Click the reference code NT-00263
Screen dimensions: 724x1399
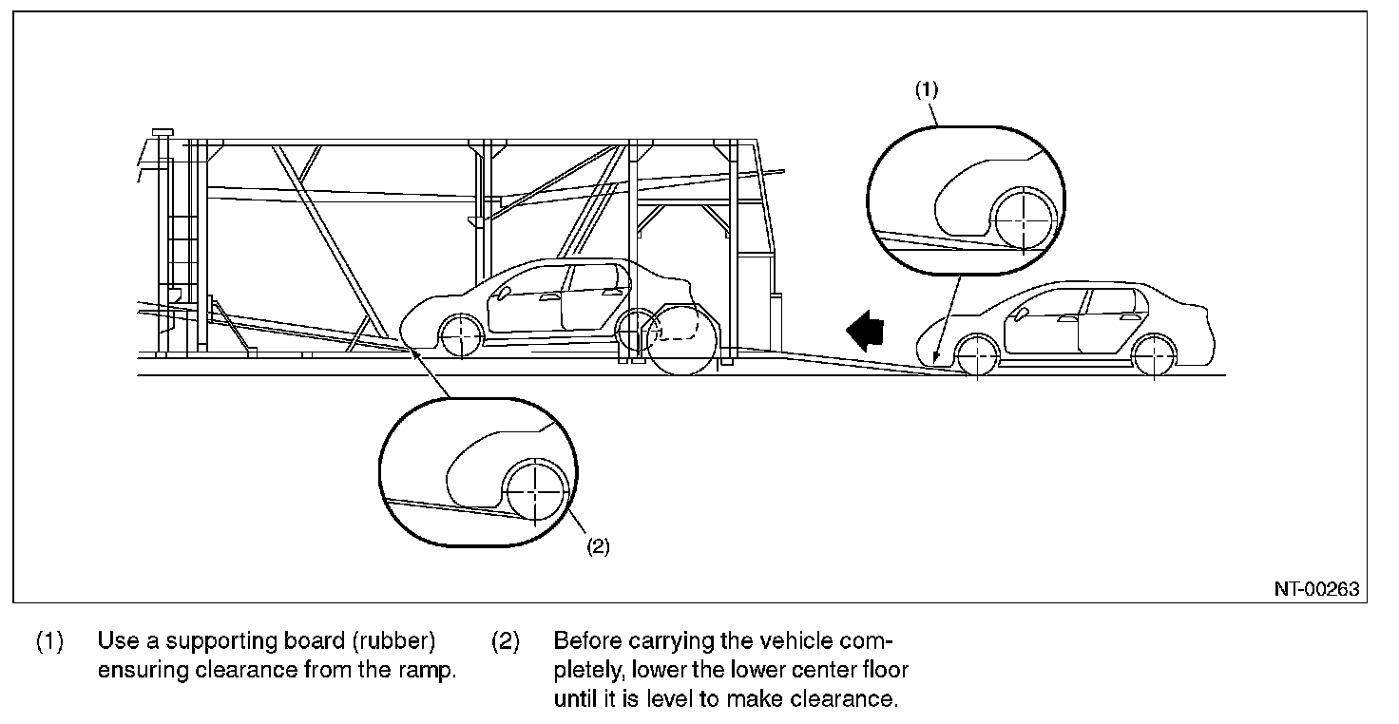click(1316, 589)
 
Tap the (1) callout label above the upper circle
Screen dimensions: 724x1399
click(927, 89)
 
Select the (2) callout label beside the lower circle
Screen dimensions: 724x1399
click(597, 546)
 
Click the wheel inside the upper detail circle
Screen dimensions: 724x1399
click(1024, 219)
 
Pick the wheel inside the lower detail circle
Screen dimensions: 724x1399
click(536, 492)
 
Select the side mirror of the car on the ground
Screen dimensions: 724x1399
click(1023, 313)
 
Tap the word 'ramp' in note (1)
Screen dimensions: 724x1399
click(433, 670)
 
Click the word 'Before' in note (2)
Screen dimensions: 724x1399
click(584, 641)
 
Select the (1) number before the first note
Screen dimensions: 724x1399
click(50, 641)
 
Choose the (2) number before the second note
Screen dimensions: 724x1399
click(506, 641)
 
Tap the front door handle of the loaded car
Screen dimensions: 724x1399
click(549, 297)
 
